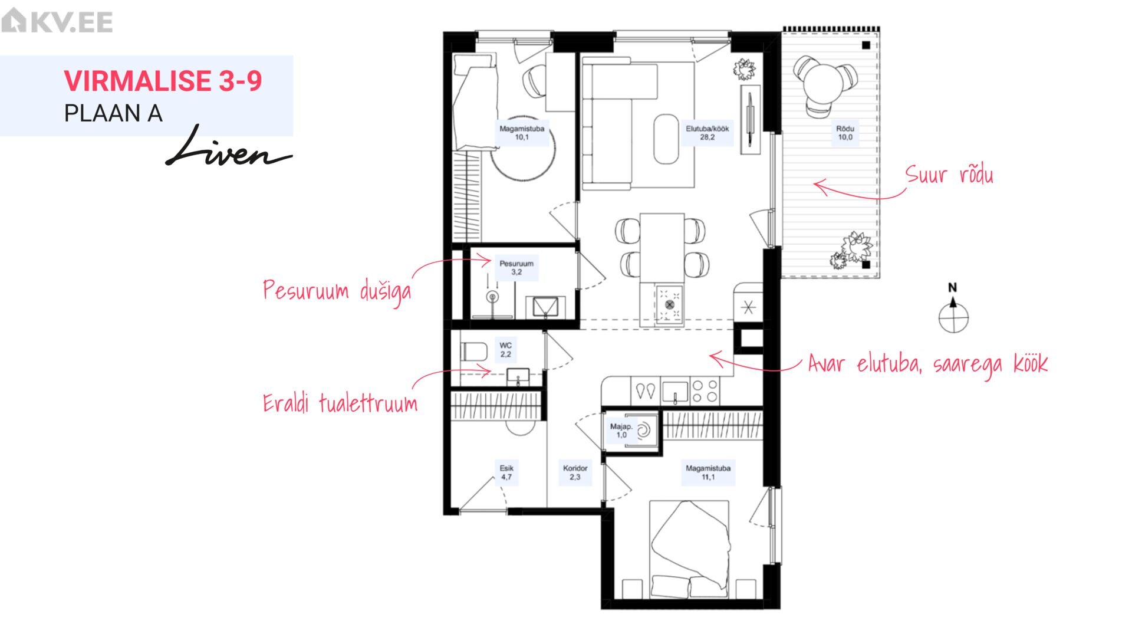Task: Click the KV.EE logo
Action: pyautogui.click(x=57, y=21)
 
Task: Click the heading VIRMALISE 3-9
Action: pyautogui.click(x=163, y=81)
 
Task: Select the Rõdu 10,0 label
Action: pyautogui.click(x=845, y=133)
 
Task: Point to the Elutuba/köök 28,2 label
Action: pyautogui.click(x=707, y=133)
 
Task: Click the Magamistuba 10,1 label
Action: pyautogui.click(x=522, y=133)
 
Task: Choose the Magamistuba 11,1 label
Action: pyautogui.click(x=707, y=472)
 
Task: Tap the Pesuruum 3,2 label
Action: pyautogui.click(x=516, y=268)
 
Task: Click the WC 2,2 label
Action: pyautogui.click(x=506, y=350)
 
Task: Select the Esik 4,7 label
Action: pyautogui.click(x=506, y=472)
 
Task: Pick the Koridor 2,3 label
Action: pyautogui.click(x=575, y=472)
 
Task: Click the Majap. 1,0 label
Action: pyautogui.click(x=621, y=431)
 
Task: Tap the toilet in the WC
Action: pyautogui.click(x=473, y=352)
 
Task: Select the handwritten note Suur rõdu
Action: pyautogui.click(x=949, y=175)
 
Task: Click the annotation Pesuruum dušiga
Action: pyautogui.click(x=337, y=291)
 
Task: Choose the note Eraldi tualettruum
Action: pyautogui.click(x=340, y=403)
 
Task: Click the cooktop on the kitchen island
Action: pyautogui.click(x=669, y=304)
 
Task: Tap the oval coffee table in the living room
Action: pyautogui.click(x=667, y=139)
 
